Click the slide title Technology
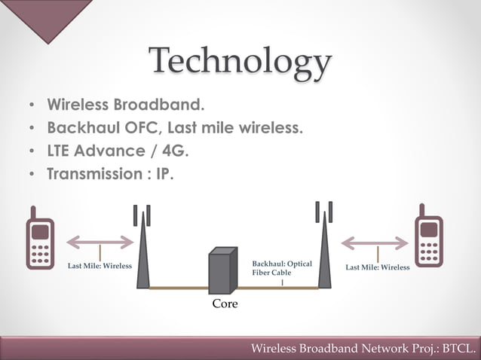click(240, 63)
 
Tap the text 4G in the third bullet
click(175, 151)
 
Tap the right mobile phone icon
click(428, 240)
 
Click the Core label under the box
click(225, 304)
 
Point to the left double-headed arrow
click(100, 243)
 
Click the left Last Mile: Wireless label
click(100, 266)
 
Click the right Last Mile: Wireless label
click(377, 267)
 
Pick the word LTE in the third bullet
click(60, 151)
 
